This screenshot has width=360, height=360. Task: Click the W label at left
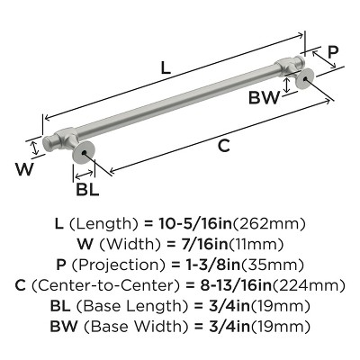pos(27,168)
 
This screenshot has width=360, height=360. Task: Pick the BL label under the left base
pos(87,189)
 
